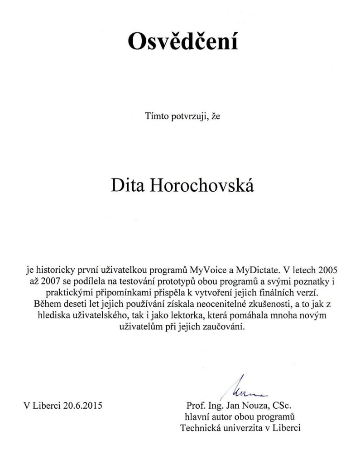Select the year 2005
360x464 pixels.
pyautogui.click(x=323, y=270)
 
